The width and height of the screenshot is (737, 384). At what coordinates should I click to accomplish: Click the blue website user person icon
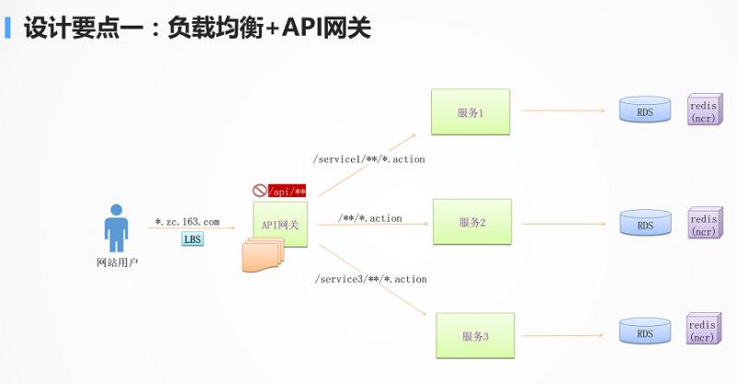117,227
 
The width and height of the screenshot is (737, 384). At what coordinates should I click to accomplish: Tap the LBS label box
193,239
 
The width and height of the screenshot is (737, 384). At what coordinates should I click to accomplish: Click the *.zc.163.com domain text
187,222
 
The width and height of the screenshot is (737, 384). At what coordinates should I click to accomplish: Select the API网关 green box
281,224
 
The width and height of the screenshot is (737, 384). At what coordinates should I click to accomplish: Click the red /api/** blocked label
287,191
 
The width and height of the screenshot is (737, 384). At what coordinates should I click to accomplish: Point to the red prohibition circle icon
260,191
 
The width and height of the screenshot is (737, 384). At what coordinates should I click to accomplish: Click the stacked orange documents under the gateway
263,256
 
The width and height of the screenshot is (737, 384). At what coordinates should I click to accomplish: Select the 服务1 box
470,111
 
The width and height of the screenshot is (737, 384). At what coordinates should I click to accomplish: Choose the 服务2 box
472,222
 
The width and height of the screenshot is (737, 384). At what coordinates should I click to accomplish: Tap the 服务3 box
474,336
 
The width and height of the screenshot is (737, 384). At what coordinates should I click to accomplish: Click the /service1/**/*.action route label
369,159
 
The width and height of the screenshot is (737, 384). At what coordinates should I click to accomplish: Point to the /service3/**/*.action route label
370,278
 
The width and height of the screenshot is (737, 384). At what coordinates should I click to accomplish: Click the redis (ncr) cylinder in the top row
703,111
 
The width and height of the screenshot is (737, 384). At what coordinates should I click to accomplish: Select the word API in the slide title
304,28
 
